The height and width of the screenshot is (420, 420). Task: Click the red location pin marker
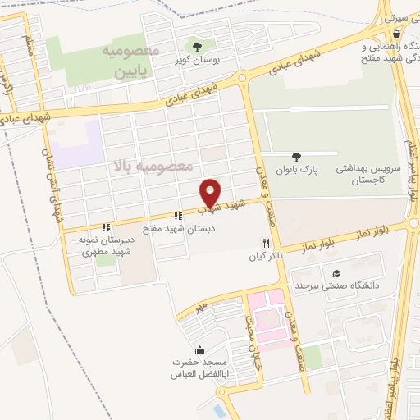(211, 193)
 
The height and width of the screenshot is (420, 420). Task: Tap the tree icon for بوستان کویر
(196, 45)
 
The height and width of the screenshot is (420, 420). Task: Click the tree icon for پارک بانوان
(295, 157)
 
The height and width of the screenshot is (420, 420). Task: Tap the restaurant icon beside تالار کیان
(265, 243)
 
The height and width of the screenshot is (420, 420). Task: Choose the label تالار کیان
(265, 257)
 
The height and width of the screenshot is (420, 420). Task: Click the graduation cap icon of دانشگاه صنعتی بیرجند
(335, 273)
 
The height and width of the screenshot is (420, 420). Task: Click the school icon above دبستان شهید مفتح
(179, 216)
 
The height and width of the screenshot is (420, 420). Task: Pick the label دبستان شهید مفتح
(179, 230)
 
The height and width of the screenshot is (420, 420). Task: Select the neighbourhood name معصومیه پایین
(127, 61)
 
